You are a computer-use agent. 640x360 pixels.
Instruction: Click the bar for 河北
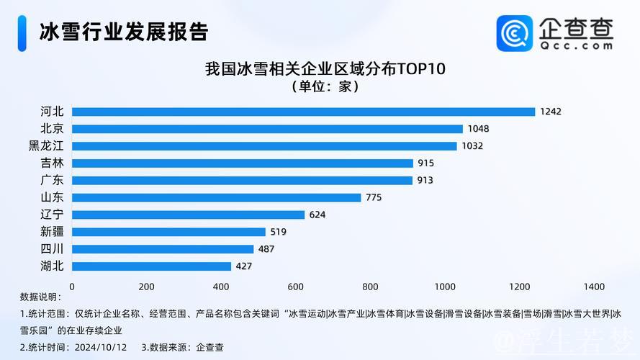point(303,112)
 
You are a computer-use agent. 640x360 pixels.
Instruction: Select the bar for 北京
point(267,129)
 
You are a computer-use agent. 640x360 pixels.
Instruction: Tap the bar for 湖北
point(151,266)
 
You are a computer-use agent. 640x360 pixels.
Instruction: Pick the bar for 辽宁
point(188,215)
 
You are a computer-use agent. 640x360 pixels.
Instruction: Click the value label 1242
point(551,112)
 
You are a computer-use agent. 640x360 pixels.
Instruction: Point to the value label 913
point(425,180)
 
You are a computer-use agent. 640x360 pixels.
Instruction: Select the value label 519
point(278,232)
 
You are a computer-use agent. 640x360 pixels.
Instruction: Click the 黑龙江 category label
point(45,146)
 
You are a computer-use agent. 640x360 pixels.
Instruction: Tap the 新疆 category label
point(52,232)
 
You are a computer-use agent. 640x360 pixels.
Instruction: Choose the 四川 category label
point(52,249)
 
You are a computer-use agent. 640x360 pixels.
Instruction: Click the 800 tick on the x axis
point(370,287)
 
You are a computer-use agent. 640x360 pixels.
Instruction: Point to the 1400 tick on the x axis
point(594,287)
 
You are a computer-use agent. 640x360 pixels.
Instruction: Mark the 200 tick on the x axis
point(146,287)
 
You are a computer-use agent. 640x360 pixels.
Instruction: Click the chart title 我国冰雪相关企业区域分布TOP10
point(325,69)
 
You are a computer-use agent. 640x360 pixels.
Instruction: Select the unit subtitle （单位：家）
point(325,86)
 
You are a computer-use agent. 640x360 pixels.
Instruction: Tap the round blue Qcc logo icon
point(515,33)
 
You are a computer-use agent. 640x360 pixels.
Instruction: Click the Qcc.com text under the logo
point(576,45)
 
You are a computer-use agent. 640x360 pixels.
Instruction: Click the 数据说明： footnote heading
point(41,297)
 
